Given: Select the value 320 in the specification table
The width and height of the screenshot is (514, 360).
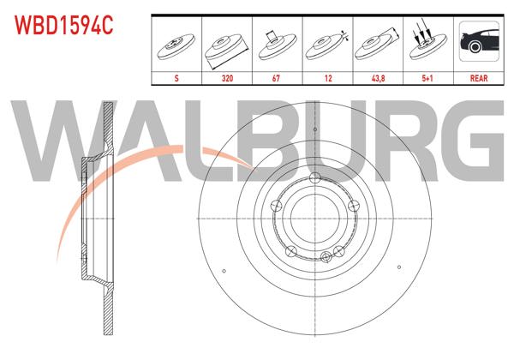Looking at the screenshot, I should [227, 76].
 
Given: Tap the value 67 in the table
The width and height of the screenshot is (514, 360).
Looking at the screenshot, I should [276, 76].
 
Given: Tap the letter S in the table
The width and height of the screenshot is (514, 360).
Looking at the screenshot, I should [177, 76].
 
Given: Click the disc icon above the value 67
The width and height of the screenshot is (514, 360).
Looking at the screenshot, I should [276, 44].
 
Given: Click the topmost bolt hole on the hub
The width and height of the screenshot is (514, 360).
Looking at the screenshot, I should [314, 177].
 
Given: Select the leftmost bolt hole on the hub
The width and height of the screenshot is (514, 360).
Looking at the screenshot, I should [273, 207].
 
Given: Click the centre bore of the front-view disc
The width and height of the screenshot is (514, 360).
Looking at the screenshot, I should [314, 219].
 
